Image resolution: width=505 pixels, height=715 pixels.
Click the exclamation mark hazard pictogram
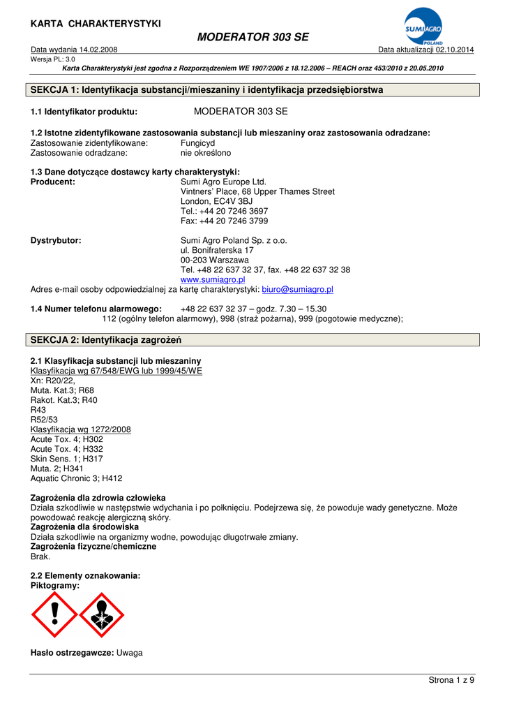(54, 614)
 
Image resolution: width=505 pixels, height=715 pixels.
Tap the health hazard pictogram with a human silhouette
(101, 614)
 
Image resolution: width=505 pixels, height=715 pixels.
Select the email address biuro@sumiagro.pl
(297, 289)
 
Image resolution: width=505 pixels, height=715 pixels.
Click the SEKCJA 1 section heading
(207, 90)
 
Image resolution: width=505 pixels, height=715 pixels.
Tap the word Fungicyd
(197, 142)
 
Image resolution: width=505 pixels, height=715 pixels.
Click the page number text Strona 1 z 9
(451, 680)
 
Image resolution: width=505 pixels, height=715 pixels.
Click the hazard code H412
(112, 478)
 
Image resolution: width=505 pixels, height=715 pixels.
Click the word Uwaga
(130, 652)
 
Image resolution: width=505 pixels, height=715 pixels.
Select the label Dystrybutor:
(56, 240)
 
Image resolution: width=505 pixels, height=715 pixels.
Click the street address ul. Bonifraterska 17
(217, 250)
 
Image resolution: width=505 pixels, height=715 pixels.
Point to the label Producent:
(53, 182)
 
